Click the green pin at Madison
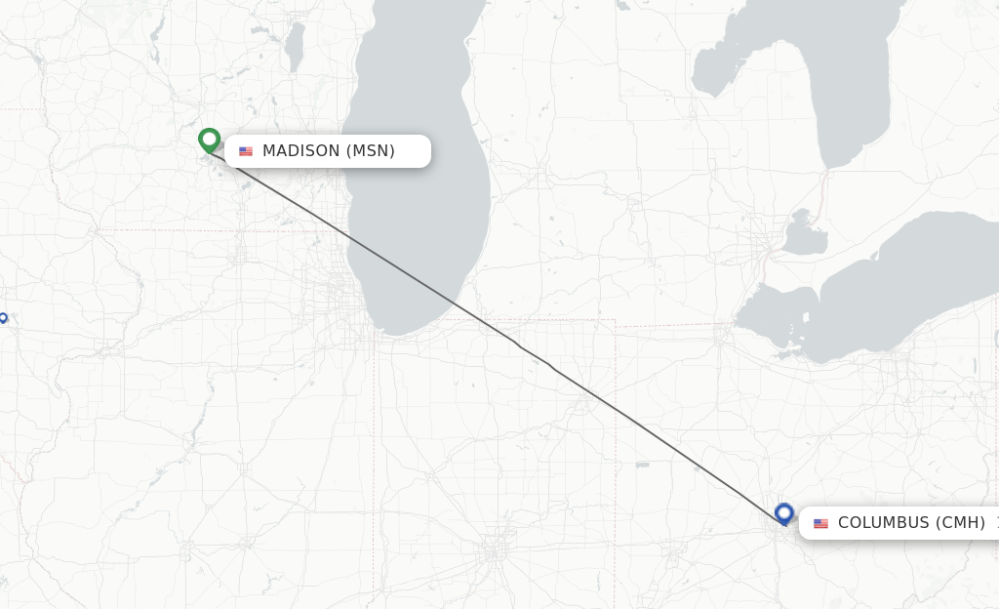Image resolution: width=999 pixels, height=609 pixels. point(209,141)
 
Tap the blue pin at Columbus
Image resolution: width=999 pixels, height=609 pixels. point(783,512)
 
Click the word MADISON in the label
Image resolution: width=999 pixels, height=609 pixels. point(301,151)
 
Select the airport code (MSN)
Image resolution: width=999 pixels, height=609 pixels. point(371,151)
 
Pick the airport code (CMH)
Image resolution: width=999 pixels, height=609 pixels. point(961,523)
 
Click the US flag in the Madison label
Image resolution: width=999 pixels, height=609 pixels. point(246,151)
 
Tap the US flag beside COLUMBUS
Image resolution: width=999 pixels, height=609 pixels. point(820,523)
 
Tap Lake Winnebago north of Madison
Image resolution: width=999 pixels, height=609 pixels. point(295,46)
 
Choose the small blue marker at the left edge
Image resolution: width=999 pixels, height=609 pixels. point(3,317)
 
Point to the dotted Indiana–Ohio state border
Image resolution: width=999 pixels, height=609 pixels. point(616,439)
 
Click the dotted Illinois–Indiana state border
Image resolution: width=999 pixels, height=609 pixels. point(375,439)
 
